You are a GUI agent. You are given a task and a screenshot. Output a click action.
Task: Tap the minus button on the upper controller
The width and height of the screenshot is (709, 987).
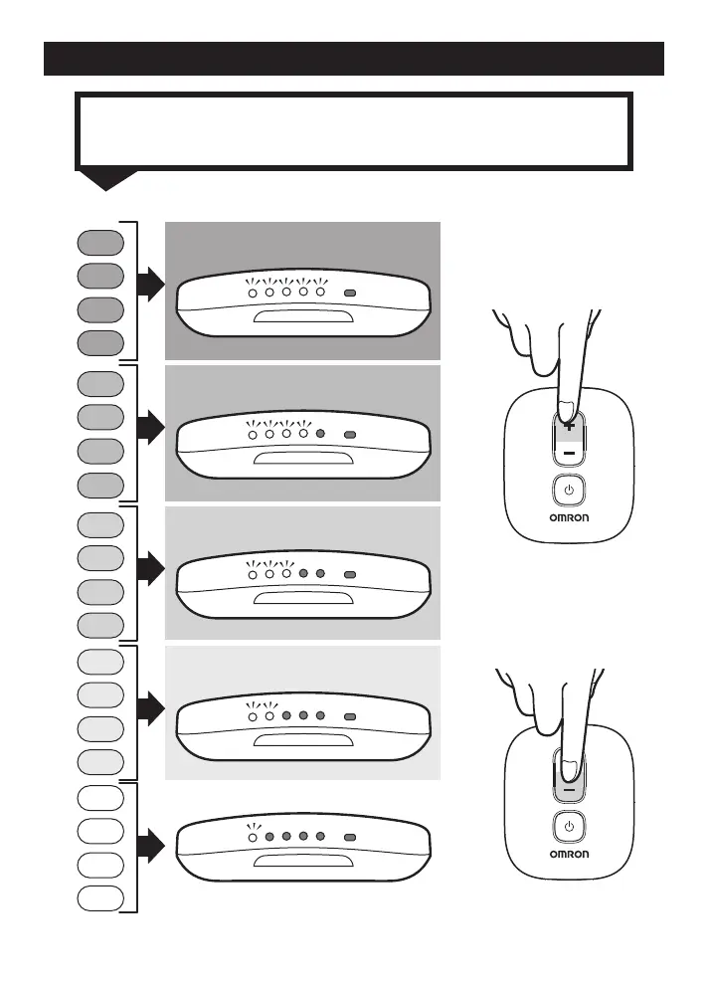click(568, 453)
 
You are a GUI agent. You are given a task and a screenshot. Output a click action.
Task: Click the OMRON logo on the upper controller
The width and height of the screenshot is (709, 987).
click(568, 517)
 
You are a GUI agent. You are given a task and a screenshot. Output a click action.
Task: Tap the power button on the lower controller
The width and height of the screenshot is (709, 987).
click(568, 826)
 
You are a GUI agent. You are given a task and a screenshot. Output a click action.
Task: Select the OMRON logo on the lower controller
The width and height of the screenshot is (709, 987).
click(568, 854)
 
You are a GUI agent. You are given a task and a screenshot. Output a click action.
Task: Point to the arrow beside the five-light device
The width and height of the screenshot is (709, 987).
click(149, 289)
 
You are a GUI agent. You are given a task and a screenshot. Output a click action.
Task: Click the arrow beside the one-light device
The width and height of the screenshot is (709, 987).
click(149, 847)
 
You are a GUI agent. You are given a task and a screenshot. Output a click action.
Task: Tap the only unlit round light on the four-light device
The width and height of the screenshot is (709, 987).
click(320, 435)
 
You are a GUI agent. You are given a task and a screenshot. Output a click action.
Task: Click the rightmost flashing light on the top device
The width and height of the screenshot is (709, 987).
click(320, 294)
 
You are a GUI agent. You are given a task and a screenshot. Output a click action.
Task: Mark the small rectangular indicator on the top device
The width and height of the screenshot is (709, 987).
click(349, 294)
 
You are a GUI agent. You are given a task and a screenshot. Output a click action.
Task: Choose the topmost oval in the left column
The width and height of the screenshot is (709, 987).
click(100, 242)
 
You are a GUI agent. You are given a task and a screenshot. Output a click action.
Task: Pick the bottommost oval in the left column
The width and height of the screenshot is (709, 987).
click(100, 897)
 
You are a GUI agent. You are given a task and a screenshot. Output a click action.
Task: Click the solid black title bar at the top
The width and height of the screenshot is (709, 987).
click(354, 58)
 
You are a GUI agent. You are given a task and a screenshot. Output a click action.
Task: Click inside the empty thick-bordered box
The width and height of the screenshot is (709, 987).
click(354, 130)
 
